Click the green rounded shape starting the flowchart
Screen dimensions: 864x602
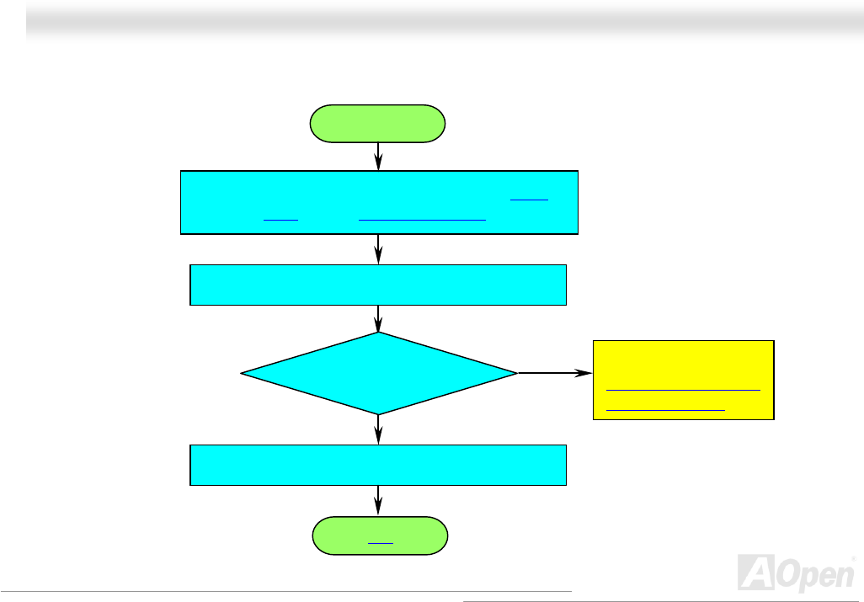coord(377,124)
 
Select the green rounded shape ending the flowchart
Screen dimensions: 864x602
coord(380,535)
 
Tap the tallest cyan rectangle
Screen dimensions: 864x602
coord(379,202)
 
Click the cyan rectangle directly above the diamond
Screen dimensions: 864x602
coord(378,285)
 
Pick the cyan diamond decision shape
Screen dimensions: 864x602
coord(379,373)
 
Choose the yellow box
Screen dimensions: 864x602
coord(683,380)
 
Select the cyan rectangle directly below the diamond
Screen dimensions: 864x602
coord(378,465)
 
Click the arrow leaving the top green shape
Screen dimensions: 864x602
coord(378,157)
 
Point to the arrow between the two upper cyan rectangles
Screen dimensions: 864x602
coord(378,249)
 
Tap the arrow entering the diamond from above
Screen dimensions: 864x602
coord(378,319)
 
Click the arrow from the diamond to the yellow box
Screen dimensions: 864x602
coord(555,373)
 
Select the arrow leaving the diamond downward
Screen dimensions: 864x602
coord(378,429)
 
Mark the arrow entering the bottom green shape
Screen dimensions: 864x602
coord(378,501)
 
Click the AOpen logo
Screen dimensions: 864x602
coord(797,573)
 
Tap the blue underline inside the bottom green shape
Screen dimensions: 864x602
coord(380,544)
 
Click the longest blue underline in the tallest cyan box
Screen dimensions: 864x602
coord(422,221)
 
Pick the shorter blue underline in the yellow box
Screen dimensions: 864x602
coord(665,410)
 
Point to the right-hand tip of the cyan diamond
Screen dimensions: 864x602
coord(517,373)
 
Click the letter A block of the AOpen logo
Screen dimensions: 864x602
coord(756,573)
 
